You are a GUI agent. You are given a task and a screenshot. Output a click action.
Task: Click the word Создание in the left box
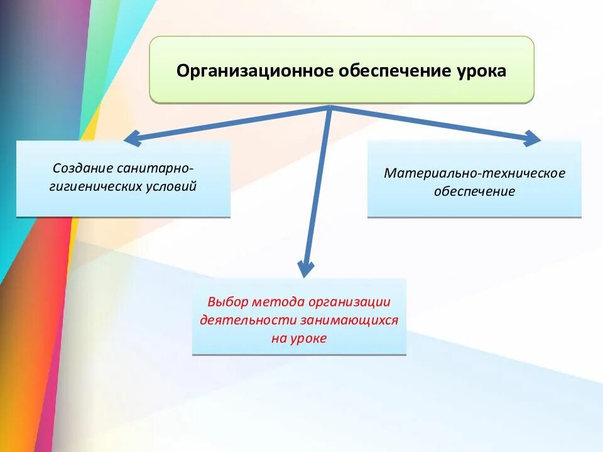tap(83, 169)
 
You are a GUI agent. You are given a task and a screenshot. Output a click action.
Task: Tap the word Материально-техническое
tap(474, 173)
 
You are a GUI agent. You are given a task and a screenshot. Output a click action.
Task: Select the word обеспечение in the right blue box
tap(474, 191)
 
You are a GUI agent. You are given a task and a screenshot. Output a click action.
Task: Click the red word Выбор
tap(225, 302)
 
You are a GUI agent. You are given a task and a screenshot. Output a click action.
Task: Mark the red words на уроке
tap(299, 338)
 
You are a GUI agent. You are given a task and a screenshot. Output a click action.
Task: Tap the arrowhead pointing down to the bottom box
tap(306, 268)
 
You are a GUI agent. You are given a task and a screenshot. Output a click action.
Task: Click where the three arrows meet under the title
tap(330, 108)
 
